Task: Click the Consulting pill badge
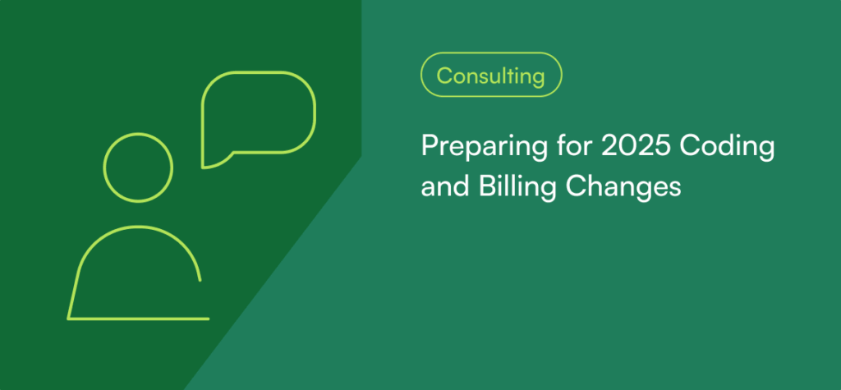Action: pyautogui.click(x=491, y=75)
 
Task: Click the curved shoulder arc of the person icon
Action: pyautogui.click(x=138, y=227)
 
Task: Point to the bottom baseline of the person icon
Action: pyautogui.click(x=138, y=319)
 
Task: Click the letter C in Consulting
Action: pyautogui.click(x=443, y=76)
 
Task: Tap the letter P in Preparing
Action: pyautogui.click(x=429, y=146)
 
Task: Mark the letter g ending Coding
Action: pyautogui.click(x=766, y=150)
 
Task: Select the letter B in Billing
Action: pyautogui.click(x=474, y=187)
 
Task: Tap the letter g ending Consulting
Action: pyautogui.click(x=539, y=78)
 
